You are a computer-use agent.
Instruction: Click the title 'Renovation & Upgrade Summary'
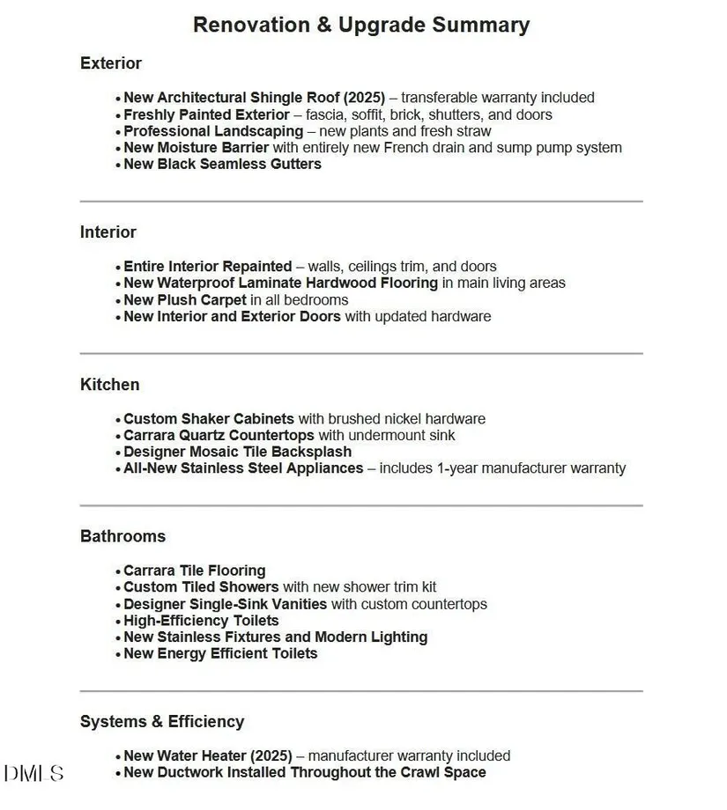pos(361,25)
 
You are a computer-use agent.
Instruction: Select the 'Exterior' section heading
pos(110,63)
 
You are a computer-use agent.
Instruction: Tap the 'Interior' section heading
pos(108,232)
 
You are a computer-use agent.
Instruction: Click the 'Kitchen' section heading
pos(109,385)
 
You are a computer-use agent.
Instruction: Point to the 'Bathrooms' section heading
pos(122,536)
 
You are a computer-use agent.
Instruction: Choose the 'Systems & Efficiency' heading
pos(161,722)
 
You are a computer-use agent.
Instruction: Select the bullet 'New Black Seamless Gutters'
pos(222,165)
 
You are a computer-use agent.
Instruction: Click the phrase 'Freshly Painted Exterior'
pos(206,114)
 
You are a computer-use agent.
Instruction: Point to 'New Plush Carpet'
pos(184,300)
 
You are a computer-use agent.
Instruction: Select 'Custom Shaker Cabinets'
pos(209,419)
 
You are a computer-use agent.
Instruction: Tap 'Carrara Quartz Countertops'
pos(219,436)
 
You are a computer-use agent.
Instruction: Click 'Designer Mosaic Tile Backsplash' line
pos(237,452)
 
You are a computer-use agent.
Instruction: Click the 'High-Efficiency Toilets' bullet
pos(201,621)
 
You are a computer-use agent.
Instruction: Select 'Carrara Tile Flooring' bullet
pos(194,571)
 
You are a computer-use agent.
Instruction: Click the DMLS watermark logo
pos(33,774)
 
